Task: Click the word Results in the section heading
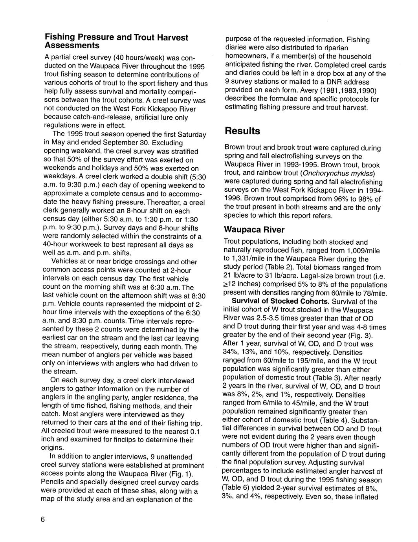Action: pyautogui.click(x=242, y=131)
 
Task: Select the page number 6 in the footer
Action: pyautogui.click(x=43, y=519)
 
